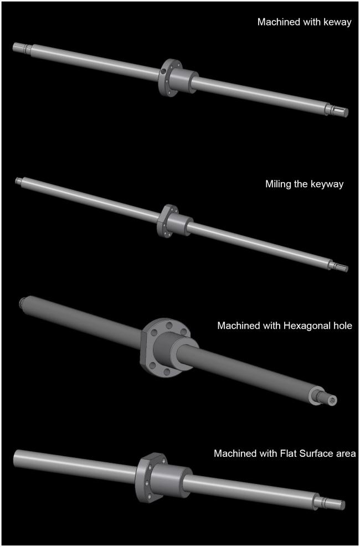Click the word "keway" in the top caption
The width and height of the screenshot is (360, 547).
(337, 23)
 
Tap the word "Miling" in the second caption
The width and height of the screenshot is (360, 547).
(276, 184)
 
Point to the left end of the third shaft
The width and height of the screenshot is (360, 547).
(24, 301)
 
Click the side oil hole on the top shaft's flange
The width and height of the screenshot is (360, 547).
(163, 72)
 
